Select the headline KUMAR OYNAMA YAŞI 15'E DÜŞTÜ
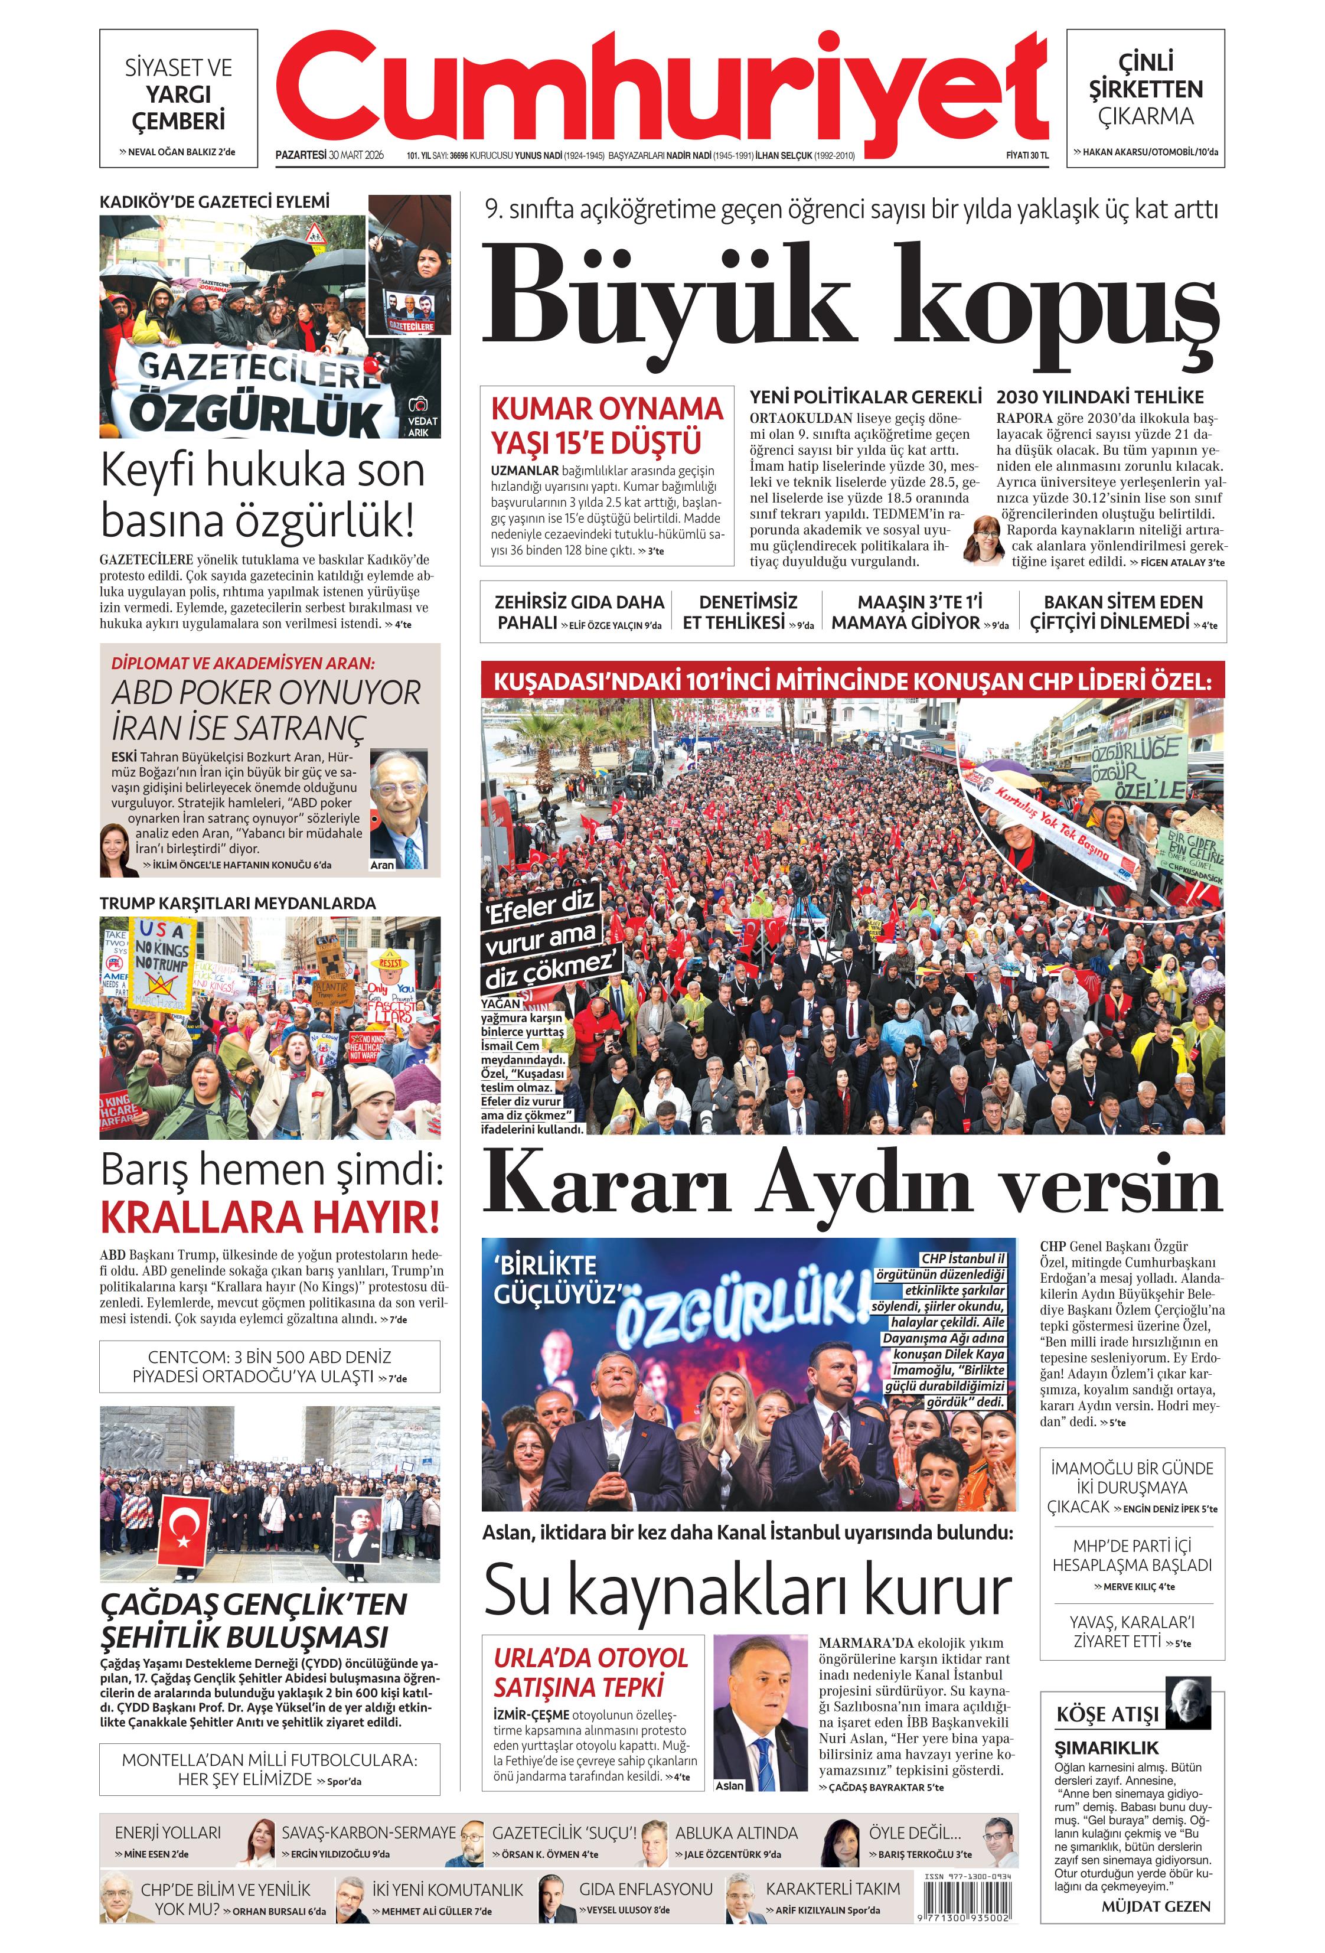tap(606, 425)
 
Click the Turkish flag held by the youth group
tap(183, 1531)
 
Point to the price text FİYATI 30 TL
tap(1027, 155)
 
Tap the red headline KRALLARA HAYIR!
tap(270, 1217)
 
